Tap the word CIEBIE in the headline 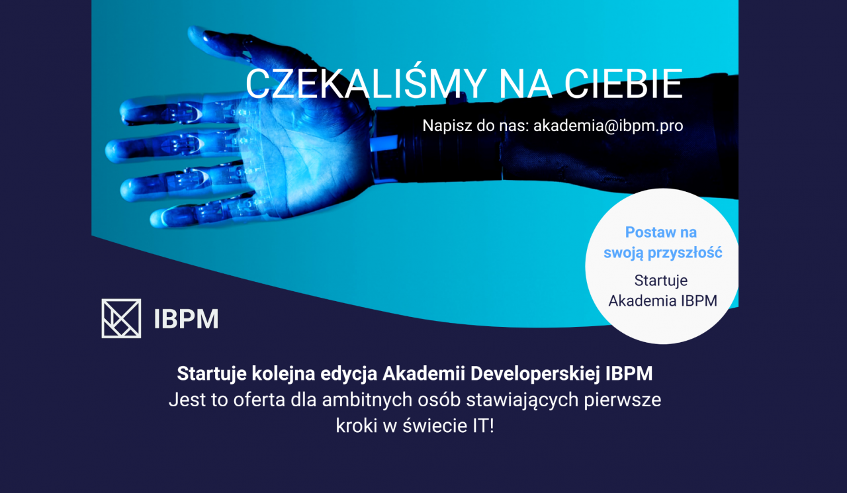[624, 84]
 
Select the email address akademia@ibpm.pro [608, 126]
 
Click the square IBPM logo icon [121, 318]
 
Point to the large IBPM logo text [187, 319]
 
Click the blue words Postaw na [661, 232]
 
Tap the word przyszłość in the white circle [685, 253]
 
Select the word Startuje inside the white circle [661, 281]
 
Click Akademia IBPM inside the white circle [663, 301]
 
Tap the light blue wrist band [383, 144]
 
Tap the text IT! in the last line [484, 426]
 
